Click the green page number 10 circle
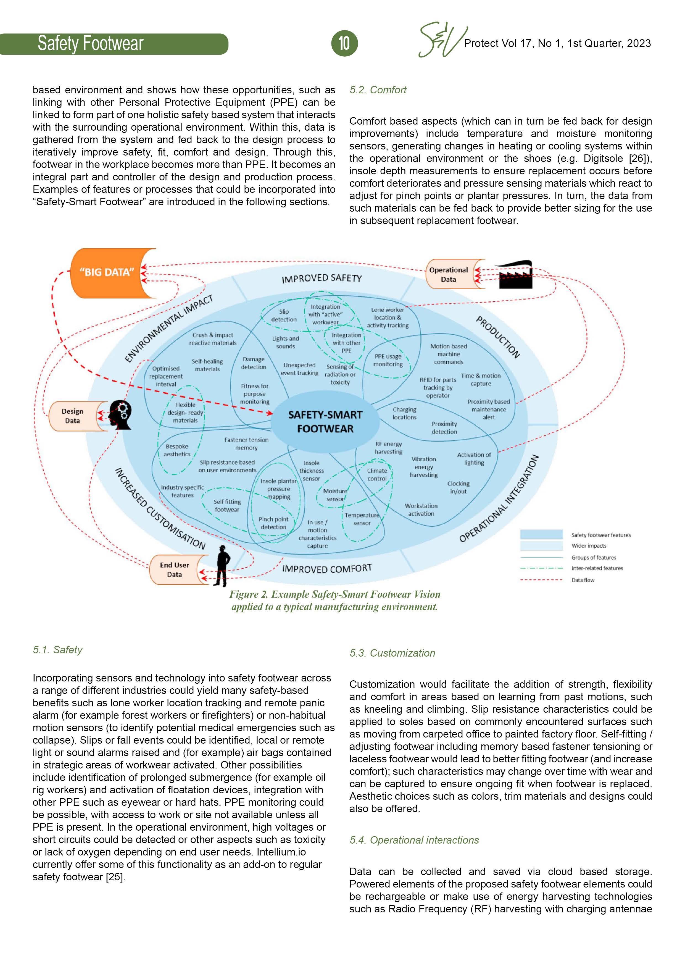(x=344, y=43)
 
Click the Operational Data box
(x=449, y=274)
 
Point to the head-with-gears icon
(x=121, y=414)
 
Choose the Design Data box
(x=73, y=416)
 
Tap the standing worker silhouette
(x=222, y=565)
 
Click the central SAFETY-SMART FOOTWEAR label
(x=325, y=422)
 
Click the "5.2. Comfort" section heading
(x=378, y=90)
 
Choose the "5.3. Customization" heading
(x=392, y=653)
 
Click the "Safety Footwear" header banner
(x=91, y=43)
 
